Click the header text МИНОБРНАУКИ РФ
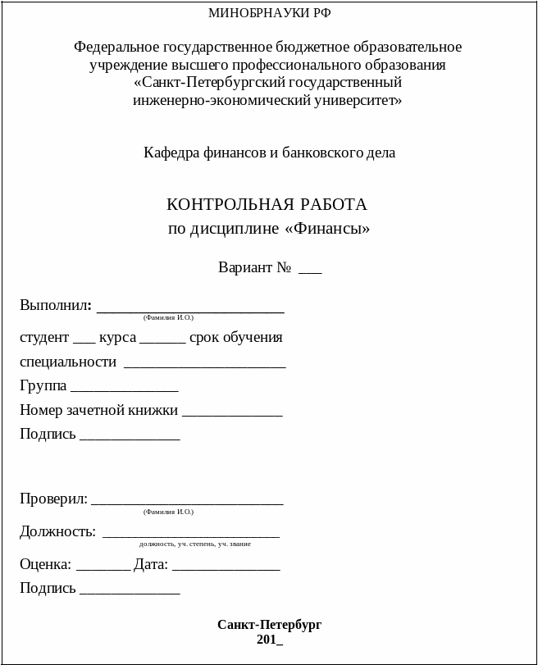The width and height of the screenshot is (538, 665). [x=269, y=12]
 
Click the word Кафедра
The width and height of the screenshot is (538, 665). [x=170, y=153]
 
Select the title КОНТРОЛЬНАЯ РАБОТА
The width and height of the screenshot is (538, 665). [x=267, y=204]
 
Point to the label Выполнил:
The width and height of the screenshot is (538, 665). [x=55, y=306]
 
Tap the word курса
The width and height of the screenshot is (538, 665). [x=117, y=338]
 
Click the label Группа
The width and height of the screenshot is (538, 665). [x=43, y=386]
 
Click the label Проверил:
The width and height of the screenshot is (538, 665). [x=53, y=499]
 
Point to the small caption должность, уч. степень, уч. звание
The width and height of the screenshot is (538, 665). [x=195, y=544]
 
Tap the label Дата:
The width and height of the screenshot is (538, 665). [x=151, y=565]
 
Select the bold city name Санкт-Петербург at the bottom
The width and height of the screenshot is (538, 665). [x=269, y=625]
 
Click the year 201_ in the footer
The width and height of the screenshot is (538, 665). [x=269, y=640]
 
